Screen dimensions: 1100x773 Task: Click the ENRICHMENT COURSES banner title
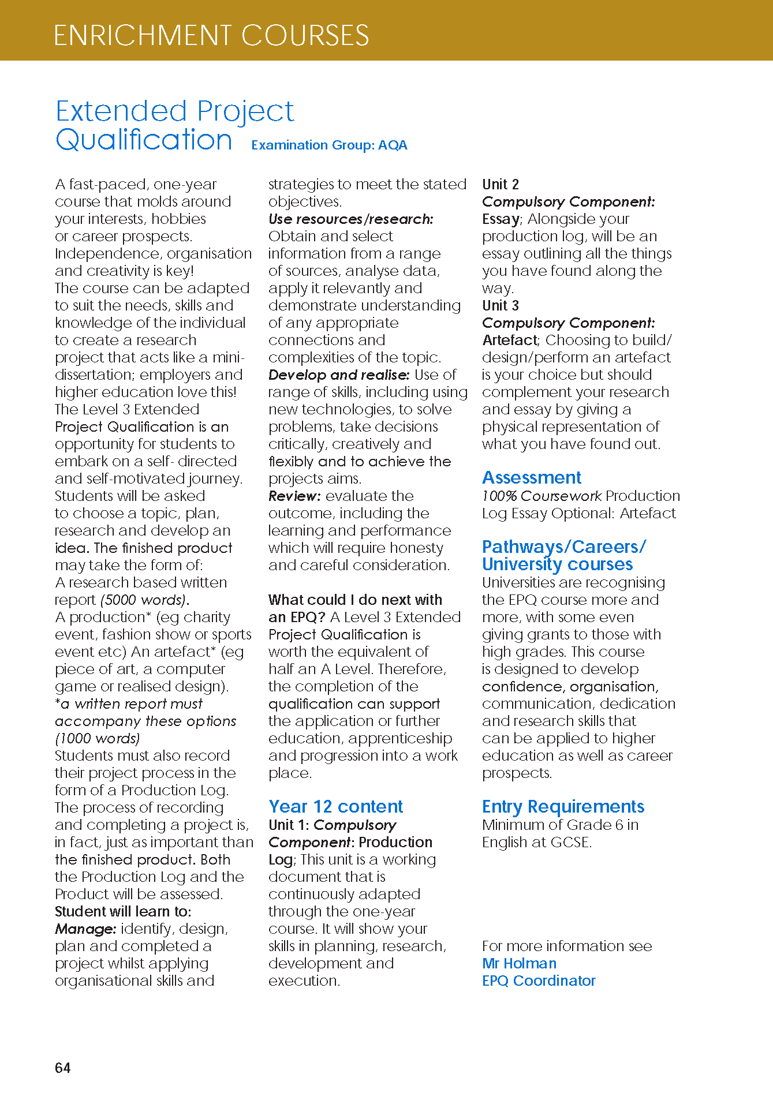point(211,35)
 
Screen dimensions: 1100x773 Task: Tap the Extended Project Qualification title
point(174,125)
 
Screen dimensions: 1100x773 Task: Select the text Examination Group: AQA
point(329,145)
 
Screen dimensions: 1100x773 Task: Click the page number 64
point(62,1068)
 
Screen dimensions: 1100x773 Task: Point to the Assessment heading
point(531,477)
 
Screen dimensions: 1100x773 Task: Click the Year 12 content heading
point(335,806)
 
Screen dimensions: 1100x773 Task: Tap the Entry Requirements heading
point(563,806)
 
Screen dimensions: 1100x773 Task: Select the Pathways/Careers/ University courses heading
point(563,555)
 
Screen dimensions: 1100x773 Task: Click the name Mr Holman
point(519,963)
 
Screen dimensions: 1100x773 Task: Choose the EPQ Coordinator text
point(539,981)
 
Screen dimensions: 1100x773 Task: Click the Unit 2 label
point(500,184)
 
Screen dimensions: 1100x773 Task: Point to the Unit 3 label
point(500,305)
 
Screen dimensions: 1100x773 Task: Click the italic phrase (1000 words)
point(98,738)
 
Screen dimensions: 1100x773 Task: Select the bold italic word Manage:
point(85,929)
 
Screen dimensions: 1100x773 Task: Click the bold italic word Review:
point(294,496)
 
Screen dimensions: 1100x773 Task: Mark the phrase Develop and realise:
point(339,375)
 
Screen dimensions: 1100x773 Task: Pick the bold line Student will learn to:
point(123,911)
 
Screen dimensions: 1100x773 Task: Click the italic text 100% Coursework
point(542,496)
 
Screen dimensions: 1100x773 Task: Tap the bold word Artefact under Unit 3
point(510,340)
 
